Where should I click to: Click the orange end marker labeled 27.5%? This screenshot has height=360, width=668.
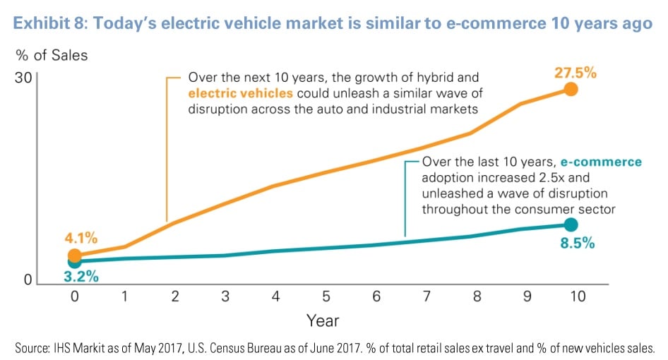click(x=571, y=89)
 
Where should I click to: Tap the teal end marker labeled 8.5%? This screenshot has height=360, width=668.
click(x=571, y=224)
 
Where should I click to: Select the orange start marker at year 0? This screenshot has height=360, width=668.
click(x=75, y=256)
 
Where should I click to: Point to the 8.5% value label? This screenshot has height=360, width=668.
click(x=573, y=244)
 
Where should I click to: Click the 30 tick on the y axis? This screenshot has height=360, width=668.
click(x=24, y=76)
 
